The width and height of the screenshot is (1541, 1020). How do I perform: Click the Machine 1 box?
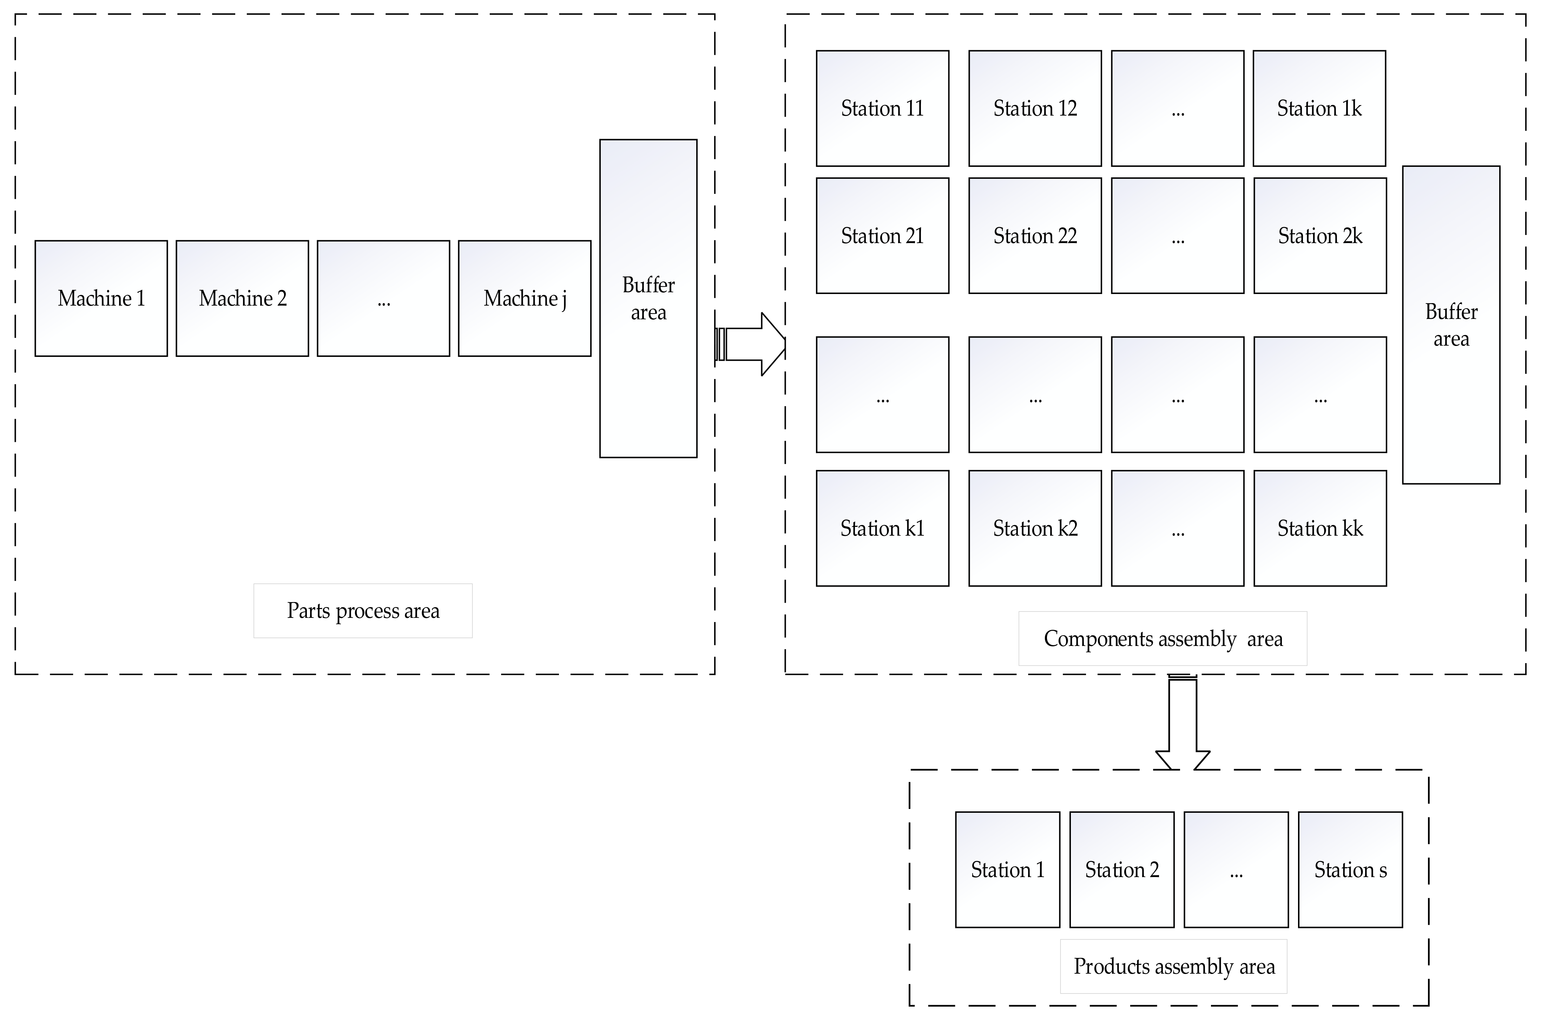tap(101, 299)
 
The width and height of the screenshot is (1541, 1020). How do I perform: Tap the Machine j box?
tap(524, 299)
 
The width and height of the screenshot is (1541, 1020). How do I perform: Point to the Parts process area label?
tap(363, 611)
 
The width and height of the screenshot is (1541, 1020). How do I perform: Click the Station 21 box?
tap(882, 235)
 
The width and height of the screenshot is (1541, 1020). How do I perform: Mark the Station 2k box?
tap(1319, 235)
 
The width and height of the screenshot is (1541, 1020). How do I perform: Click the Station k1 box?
tap(882, 528)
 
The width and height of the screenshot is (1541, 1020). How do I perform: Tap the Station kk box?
tap(1319, 528)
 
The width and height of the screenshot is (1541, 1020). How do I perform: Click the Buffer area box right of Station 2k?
tap(1451, 325)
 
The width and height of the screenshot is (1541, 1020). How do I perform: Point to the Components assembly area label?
tap(1163, 639)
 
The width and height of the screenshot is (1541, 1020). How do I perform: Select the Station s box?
tap(1350, 870)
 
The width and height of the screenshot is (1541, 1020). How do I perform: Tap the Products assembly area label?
tap(1174, 967)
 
